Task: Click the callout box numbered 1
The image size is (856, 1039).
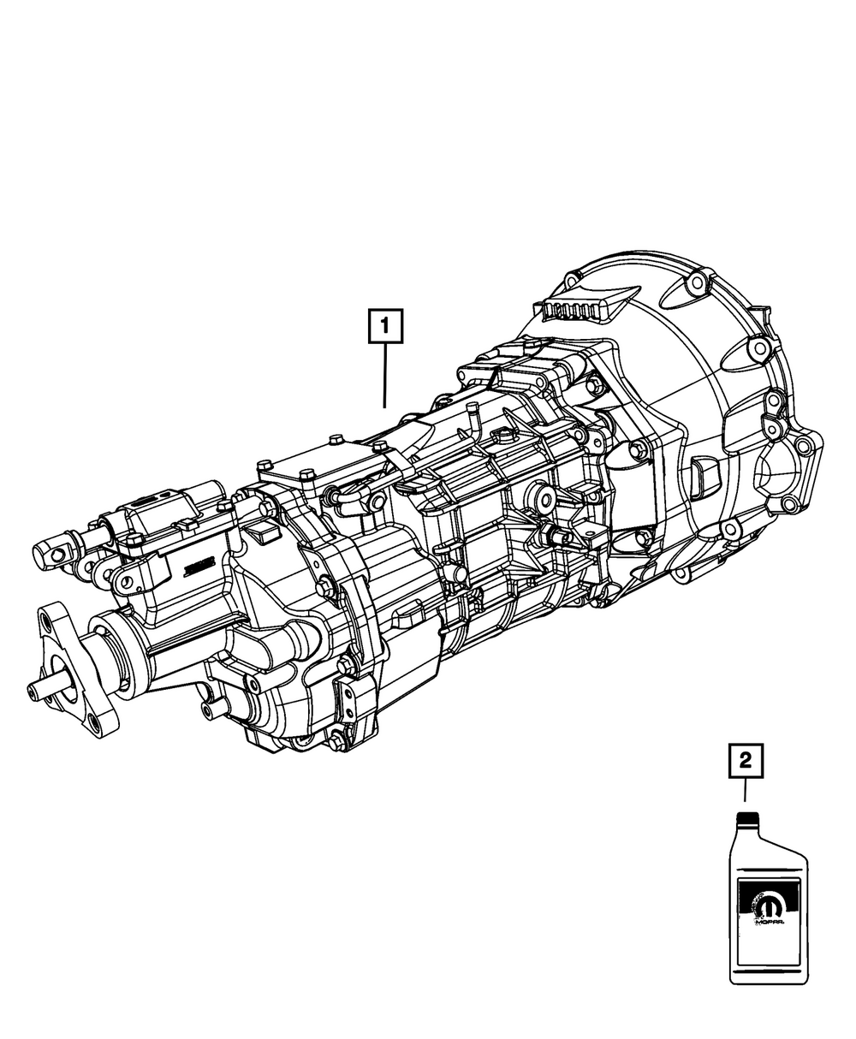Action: tap(385, 326)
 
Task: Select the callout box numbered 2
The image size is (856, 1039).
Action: tap(746, 775)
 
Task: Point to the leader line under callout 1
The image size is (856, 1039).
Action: tap(384, 376)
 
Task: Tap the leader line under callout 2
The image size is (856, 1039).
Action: tap(745, 804)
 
